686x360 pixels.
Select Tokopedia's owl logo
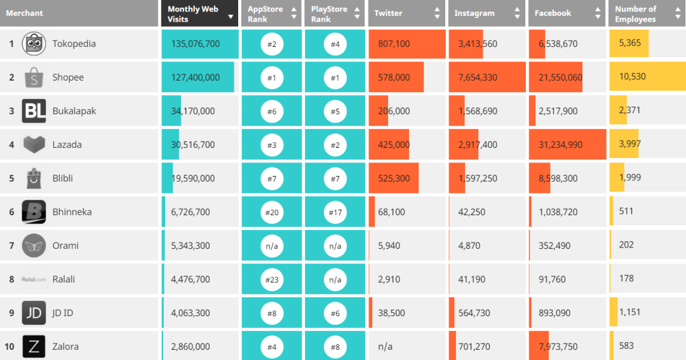(x=34, y=44)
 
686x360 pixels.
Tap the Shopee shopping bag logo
(x=34, y=77)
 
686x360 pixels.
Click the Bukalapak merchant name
(x=74, y=111)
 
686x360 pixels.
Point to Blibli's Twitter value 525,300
(x=394, y=178)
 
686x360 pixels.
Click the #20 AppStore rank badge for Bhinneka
(x=271, y=212)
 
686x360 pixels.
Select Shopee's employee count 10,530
(x=632, y=77)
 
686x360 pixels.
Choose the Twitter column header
(x=388, y=13)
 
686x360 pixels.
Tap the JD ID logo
(x=34, y=313)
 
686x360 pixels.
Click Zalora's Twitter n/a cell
(x=385, y=347)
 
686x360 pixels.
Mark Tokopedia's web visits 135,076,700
(x=196, y=44)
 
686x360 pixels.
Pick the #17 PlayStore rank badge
(x=335, y=212)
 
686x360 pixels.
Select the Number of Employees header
(x=636, y=13)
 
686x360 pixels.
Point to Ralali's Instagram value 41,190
(x=471, y=279)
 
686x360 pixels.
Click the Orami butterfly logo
(x=34, y=246)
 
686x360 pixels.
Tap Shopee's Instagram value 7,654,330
(x=478, y=77)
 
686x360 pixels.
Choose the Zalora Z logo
(x=34, y=347)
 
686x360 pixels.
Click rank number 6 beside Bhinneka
(x=11, y=212)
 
